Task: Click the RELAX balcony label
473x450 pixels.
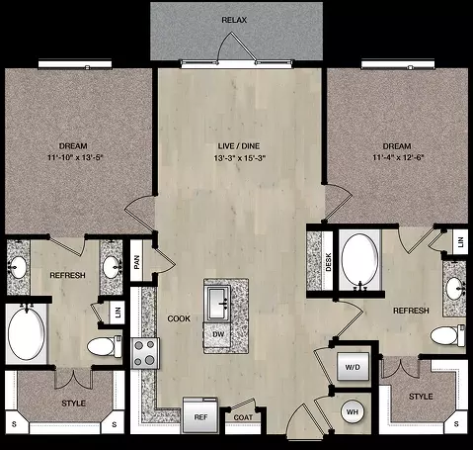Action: [x=234, y=20]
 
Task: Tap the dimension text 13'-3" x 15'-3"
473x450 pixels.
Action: [x=239, y=158]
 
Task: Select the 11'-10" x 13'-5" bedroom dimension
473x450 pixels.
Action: [x=75, y=157]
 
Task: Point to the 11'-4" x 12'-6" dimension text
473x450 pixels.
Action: [x=398, y=157]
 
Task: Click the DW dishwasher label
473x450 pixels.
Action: [x=218, y=334]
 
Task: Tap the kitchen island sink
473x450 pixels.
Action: [x=217, y=303]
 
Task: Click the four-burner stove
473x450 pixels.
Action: [x=145, y=353]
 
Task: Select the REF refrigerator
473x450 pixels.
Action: [x=200, y=415]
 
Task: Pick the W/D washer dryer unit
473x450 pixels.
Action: [x=353, y=367]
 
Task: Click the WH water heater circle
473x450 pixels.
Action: [x=353, y=411]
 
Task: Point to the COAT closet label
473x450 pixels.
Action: [x=243, y=417]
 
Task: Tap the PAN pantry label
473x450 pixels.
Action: [x=136, y=262]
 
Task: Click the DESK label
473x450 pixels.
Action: [x=328, y=262]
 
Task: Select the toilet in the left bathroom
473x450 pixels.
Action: [x=104, y=346]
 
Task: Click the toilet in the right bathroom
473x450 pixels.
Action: [x=447, y=335]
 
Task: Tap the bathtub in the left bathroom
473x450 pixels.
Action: [x=26, y=332]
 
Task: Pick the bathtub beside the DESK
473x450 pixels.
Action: [x=359, y=260]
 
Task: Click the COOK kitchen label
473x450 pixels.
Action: [x=179, y=318]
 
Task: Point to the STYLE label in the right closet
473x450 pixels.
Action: [x=421, y=397]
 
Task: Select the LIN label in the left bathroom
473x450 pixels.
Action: [x=118, y=312]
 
